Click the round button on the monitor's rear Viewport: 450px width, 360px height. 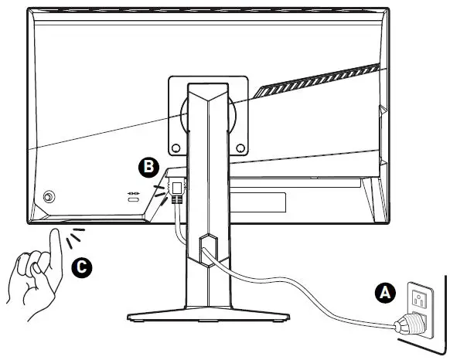click(49, 197)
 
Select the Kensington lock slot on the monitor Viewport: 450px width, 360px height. click(133, 201)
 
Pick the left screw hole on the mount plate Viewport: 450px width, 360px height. click(176, 147)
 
